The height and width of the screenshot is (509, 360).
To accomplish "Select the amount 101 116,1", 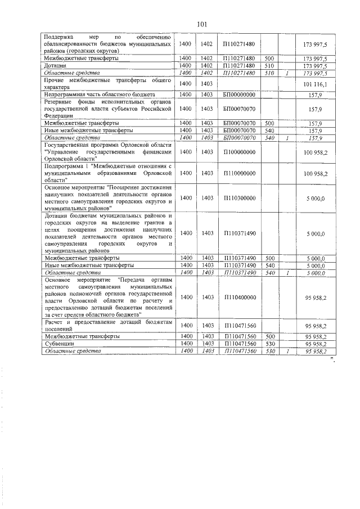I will [319, 84].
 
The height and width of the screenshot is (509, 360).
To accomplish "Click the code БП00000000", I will [239, 94].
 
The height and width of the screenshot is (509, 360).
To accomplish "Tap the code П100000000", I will [239, 152].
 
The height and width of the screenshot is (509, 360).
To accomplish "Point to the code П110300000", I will [239, 198].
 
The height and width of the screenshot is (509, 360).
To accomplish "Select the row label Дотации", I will [55, 66].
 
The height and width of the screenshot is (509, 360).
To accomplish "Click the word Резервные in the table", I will [60, 102].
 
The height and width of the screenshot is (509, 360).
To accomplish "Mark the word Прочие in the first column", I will [56, 80].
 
